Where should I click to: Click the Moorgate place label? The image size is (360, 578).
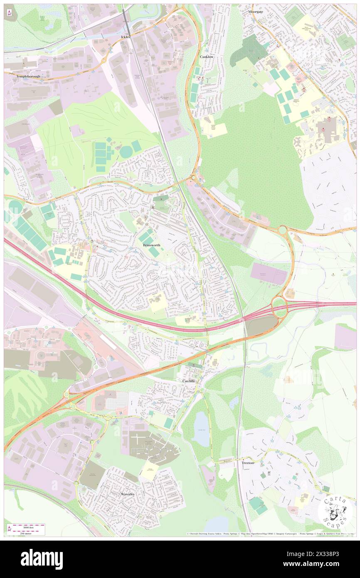click(256, 12)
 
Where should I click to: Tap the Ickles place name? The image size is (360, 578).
click(126, 37)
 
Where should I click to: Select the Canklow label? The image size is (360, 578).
click(207, 57)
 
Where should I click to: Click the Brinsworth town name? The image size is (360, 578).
click(152, 246)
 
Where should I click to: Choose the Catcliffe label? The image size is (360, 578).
click(188, 381)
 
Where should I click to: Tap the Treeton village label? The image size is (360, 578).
click(248, 462)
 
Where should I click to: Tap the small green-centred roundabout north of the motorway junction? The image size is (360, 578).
click(283, 230)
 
